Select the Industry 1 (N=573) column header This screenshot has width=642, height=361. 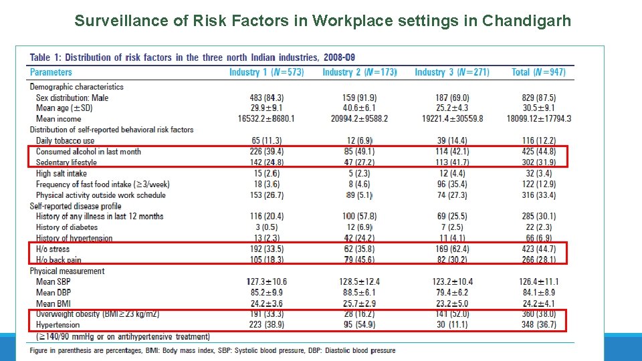click(266, 72)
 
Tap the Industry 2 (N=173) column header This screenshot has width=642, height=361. click(359, 72)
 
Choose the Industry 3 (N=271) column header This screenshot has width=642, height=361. click(451, 72)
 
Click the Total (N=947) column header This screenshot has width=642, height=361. click(538, 72)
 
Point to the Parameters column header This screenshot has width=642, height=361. click(51, 72)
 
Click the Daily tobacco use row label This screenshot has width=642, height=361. click(66, 141)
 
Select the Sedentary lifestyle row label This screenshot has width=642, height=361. click(66, 162)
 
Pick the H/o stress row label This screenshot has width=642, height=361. click(53, 249)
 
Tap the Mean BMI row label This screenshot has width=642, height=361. click(54, 304)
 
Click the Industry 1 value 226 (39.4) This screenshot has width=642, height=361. click(266, 152)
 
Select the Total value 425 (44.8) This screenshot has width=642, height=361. click(538, 152)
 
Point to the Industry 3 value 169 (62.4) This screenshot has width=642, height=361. click(451, 249)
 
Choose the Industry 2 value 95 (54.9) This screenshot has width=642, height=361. click(359, 325)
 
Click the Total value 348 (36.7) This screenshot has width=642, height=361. click(538, 325)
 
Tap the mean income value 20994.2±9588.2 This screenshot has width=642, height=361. click(359, 119)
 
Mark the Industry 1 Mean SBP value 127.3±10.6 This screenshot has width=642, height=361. click(266, 282)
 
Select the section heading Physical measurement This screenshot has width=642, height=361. click(67, 271)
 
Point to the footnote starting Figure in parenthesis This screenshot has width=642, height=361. click(212, 350)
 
